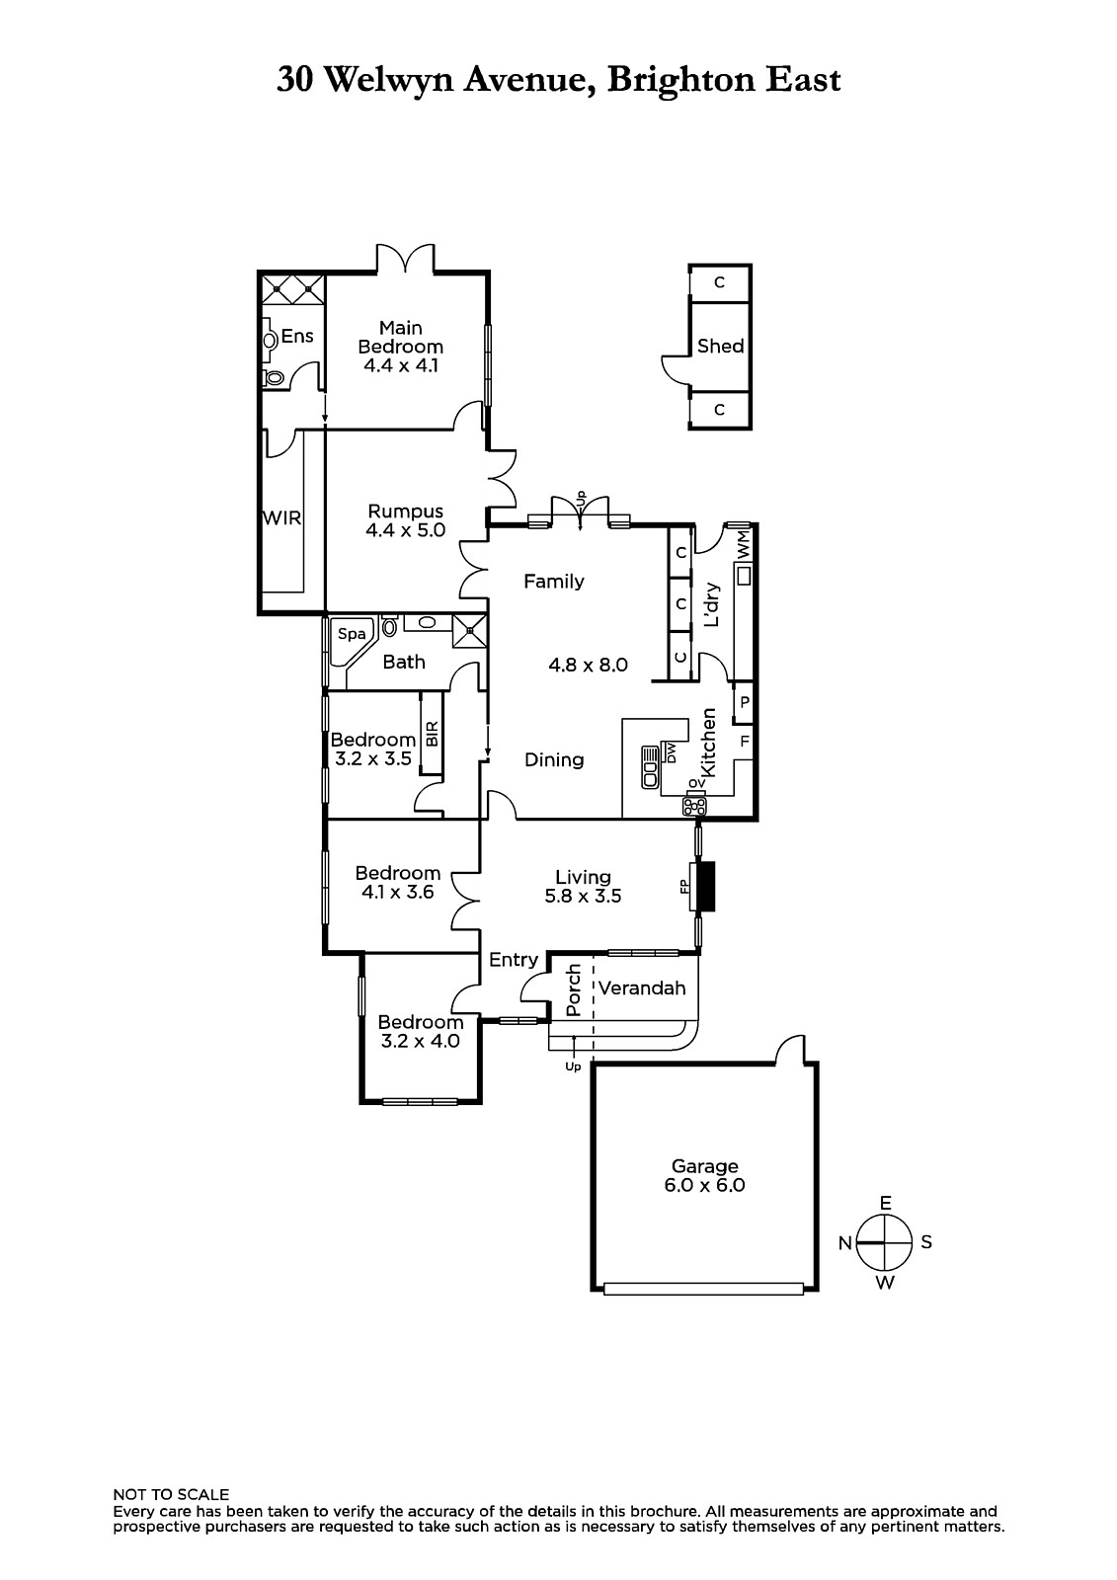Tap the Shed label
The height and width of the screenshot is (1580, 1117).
click(720, 346)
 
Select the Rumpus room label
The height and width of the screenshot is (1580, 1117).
click(405, 512)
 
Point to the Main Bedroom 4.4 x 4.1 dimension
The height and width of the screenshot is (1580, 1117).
click(400, 365)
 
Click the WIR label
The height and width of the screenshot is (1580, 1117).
click(281, 517)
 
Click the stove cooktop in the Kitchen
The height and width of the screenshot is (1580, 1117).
click(695, 805)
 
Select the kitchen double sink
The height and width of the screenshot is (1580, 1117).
click(649, 766)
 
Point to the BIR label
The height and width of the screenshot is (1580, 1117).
click(432, 734)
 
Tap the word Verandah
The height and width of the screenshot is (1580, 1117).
click(642, 987)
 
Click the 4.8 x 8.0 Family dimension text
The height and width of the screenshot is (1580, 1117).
click(588, 665)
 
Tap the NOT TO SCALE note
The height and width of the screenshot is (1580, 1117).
click(171, 1494)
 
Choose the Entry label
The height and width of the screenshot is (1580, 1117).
click(514, 960)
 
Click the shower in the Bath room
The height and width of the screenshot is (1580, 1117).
click(470, 631)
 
